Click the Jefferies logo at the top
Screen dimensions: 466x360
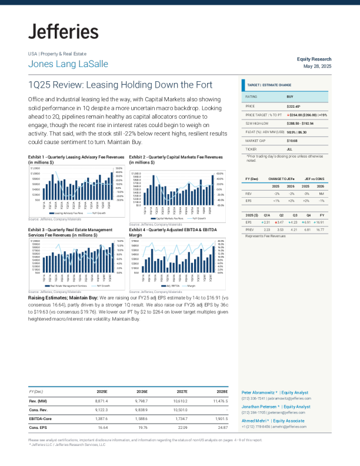pos(64,32)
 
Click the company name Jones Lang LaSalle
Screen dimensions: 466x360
pos(68,64)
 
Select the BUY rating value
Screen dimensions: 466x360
pos(290,96)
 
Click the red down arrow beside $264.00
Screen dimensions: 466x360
pos(288,115)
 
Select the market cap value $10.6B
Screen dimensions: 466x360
pos(292,141)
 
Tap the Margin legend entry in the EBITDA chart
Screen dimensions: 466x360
pos(193,285)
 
